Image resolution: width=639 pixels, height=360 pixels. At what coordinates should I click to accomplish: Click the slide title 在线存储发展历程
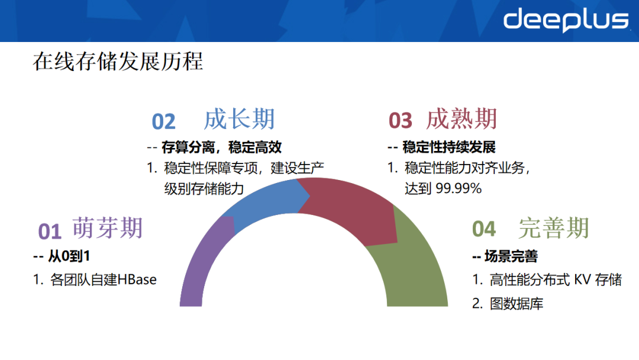(x=118, y=62)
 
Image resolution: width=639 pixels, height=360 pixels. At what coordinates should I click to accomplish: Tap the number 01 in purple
(x=50, y=232)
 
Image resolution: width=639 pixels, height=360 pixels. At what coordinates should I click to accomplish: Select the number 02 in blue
(x=164, y=121)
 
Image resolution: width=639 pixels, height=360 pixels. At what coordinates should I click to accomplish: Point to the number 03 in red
(x=400, y=121)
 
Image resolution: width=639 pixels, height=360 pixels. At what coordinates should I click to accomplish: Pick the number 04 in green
(x=484, y=229)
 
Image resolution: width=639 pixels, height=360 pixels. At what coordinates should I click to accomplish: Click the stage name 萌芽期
(x=108, y=227)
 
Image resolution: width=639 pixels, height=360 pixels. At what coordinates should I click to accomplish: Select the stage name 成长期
(x=240, y=119)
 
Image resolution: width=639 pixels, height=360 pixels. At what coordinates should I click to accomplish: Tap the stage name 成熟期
(x=461, y=119)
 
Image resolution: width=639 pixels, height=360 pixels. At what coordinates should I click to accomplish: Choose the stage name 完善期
(x=554, y=228)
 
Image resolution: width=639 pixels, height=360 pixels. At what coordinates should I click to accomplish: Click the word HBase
(x=137, y=279)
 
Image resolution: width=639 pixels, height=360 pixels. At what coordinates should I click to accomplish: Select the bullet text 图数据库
(x=517, y=304)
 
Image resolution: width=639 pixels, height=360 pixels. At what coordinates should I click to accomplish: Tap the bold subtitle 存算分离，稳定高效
(x=221, y=147)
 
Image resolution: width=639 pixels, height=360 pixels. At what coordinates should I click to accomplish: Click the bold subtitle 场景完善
(x=511, y=256)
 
